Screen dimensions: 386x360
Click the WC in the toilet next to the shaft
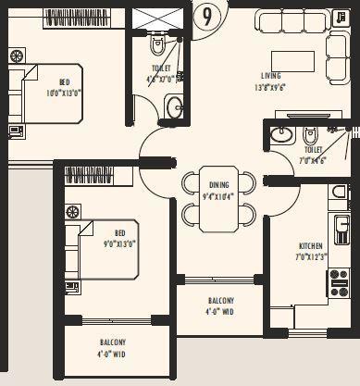pyautogui.click(x=156, y=44)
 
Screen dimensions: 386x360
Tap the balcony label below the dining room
pyautogui.click(x=220, y=306)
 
